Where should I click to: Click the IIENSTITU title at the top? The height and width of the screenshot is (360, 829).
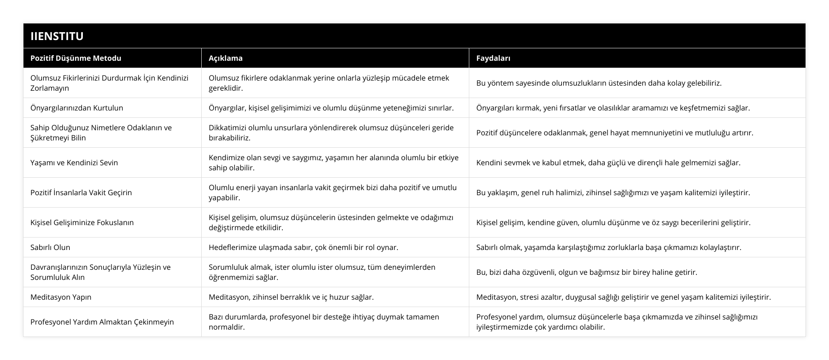pos(57,36)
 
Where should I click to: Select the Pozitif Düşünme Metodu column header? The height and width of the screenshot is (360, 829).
pos(76,58)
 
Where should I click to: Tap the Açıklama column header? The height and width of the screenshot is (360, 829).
pos(226,58)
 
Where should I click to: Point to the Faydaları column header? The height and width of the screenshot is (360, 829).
pos(493,58)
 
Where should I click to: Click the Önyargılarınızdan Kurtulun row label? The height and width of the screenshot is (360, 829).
pos(76,108)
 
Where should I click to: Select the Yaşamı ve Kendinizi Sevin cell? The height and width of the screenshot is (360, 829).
pos(74,163)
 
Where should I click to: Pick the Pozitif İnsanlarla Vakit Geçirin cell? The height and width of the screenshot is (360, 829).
pos(81,192)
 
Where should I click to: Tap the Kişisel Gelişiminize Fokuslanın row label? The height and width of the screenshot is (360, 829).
pos(82,222)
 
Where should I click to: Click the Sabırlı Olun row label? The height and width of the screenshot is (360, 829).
pos(50,247)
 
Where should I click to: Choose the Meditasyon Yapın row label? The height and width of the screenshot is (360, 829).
pos(61,297)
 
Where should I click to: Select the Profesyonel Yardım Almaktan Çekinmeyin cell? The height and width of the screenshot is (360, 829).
pos(102,322)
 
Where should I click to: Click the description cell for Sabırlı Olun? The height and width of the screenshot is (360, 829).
pos(304,247)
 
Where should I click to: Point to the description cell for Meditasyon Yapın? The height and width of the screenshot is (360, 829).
pos(291,297)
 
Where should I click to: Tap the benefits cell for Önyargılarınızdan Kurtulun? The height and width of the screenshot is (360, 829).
pos(613,108)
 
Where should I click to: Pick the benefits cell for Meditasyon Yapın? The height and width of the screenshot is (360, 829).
pos(624,297)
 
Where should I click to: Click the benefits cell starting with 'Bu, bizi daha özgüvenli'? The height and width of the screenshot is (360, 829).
pos(587,272)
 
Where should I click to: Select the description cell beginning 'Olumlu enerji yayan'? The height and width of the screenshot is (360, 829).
pos(333,192)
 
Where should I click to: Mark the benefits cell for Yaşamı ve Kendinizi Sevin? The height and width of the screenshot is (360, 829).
pos(608,163)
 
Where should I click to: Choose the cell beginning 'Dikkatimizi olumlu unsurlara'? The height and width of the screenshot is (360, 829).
pos(331,133)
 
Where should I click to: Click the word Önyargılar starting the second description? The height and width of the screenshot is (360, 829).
pos(226,108)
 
